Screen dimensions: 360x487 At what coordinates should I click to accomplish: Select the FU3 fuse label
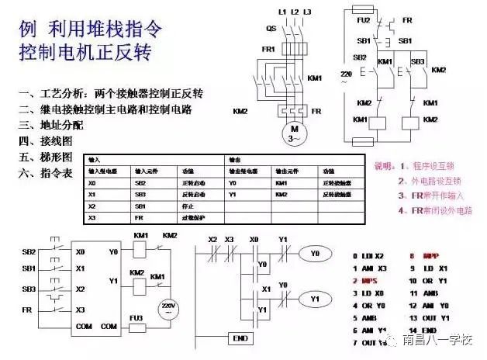pyautogui.click(x=136, y=318)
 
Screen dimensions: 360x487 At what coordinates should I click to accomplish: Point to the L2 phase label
pyautogui.click(x=295, y=12)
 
